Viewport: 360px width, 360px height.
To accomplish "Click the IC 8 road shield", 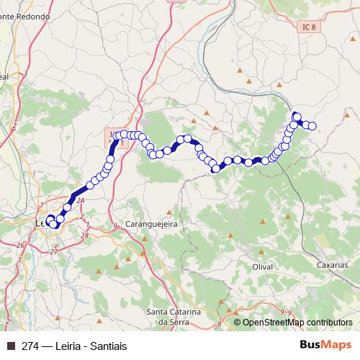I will click(x=307, y=26).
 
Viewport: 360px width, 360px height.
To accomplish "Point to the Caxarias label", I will click(x=332, y=265).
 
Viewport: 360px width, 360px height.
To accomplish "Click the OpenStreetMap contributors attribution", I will click(x=297, y=323).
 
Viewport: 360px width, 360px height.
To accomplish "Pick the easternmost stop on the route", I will click(x=313, y=126).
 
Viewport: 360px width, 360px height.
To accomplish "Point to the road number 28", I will click(x=85, y=235).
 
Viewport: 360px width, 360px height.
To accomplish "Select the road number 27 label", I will click(x=54, y=251).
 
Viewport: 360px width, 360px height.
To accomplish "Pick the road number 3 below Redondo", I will click(x=25, y=74).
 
